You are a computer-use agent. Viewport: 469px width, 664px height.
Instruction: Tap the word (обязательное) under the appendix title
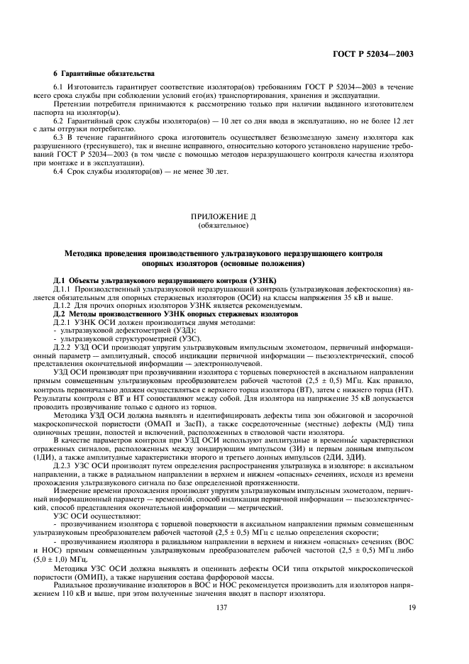(x=233, y=225)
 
